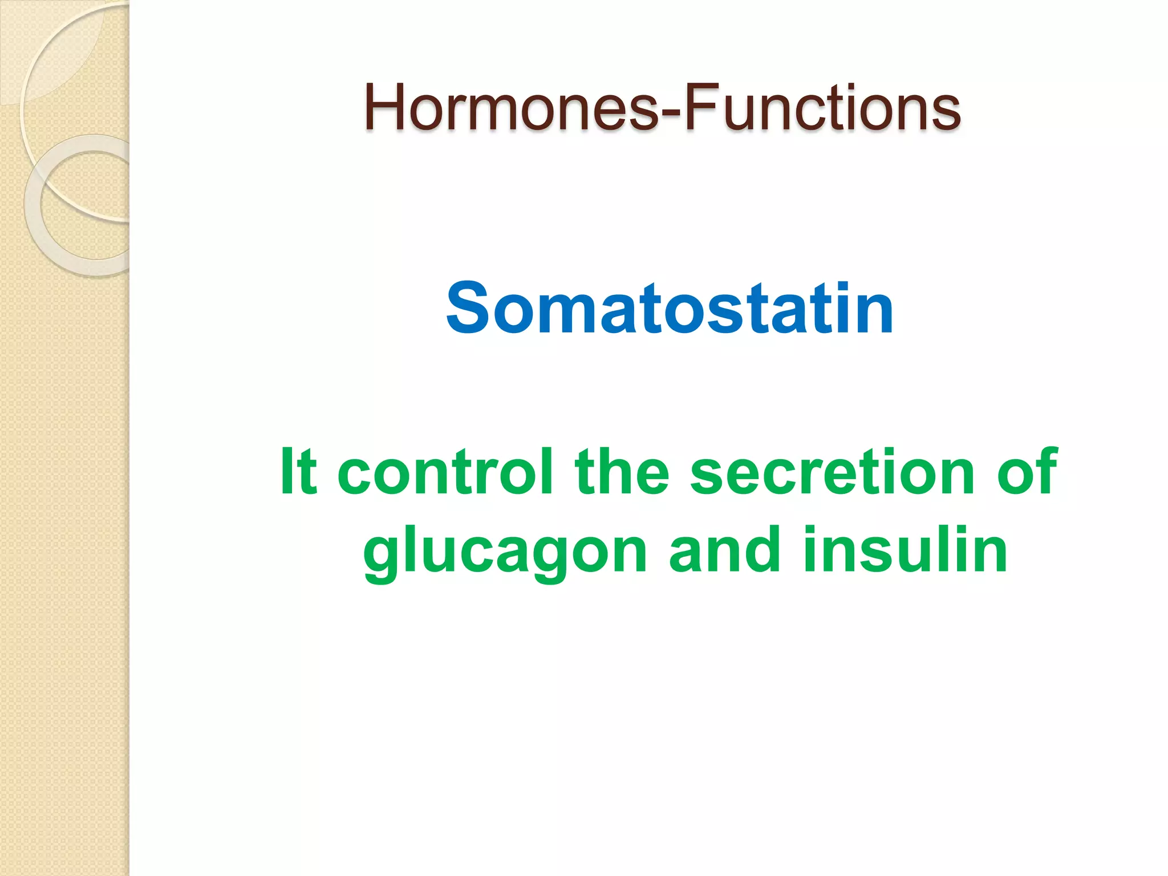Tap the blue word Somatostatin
(x=670, y=309)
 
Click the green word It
(x=298, y=472)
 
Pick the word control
(x=445, y=472)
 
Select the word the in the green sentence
(x=621, y=472)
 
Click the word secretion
(x=832, y=472)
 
